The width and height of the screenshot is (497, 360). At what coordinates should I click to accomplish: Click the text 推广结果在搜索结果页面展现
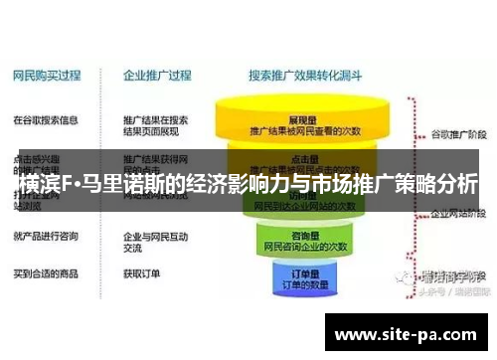coord(156,125)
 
